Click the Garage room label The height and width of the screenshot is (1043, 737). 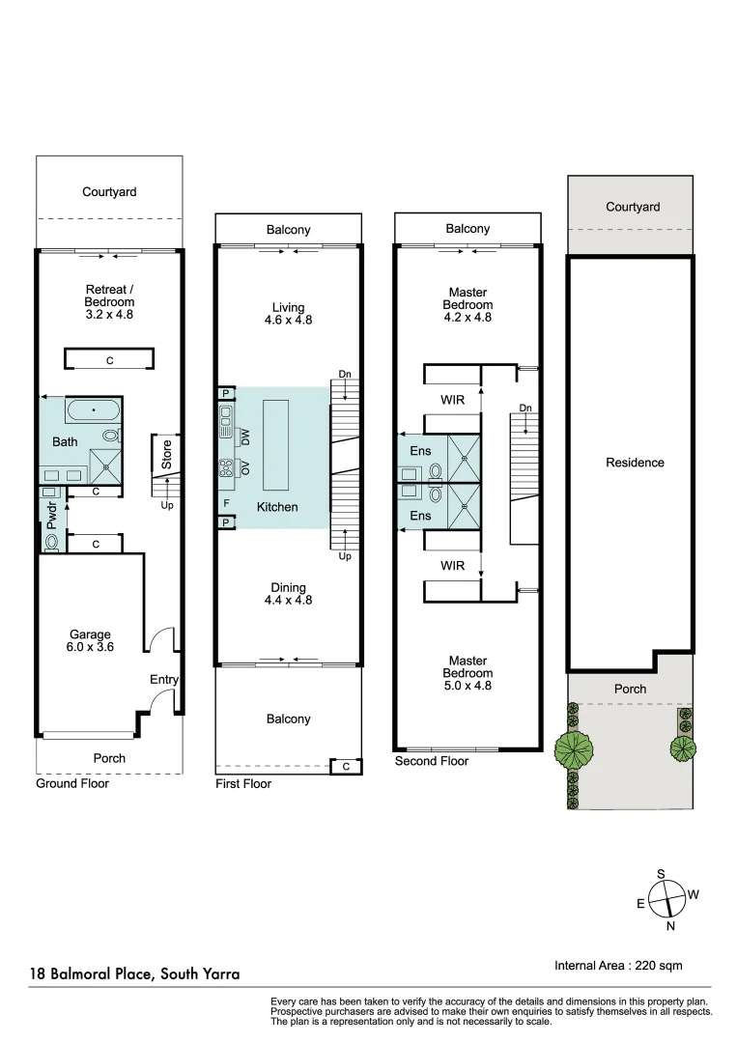(91, 641)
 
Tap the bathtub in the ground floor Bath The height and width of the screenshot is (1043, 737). (93, 411)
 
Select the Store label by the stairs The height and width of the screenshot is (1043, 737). (166, 456)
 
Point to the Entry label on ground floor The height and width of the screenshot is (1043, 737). (163, 680)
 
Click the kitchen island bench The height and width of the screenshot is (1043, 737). (277, 444)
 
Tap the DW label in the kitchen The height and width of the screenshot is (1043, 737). (245, 437)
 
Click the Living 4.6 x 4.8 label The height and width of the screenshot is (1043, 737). (288, 313)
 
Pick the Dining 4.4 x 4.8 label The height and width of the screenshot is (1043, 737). (288, 594)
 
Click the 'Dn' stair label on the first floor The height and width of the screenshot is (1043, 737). (345, 374)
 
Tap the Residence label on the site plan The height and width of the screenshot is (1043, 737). (635, 463)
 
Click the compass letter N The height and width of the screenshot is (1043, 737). (670, 926)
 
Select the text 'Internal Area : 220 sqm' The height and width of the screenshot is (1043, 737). (618, 965)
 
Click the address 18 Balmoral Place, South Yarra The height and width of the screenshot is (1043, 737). (135, 974)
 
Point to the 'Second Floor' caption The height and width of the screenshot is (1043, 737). (431, 761)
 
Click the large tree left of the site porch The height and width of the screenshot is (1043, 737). (576, 747)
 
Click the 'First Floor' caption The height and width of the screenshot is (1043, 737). (242, 783)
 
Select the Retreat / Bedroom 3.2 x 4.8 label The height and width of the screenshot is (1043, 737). (109, 301)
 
